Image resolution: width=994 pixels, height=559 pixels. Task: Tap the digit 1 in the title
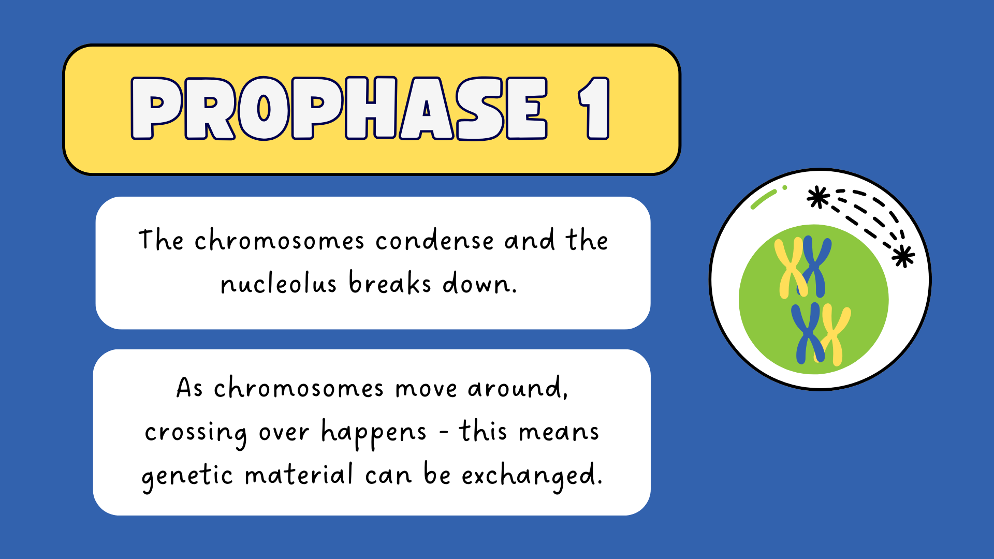(x=594, y=109)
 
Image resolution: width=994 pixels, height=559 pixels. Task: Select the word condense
(x=435, y=241)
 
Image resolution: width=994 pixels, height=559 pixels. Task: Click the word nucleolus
(x=279, y=283)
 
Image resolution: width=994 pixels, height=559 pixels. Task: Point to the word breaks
(x=390, y=283)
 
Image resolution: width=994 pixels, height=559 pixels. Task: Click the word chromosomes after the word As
(x=299, y=388)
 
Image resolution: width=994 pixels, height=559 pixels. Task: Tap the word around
(x=518, y=388)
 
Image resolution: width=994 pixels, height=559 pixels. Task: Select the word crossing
(x=196, y=433)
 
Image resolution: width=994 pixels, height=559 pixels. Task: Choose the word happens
(x=374, y=433)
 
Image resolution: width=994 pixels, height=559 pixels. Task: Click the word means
(x=559, y=432)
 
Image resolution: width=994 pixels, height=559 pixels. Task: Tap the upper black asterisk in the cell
(x=818, y=197)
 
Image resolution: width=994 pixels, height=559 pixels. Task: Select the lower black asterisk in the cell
(x=903, y=256)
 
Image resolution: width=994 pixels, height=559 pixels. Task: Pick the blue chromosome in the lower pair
(x=808, y=333)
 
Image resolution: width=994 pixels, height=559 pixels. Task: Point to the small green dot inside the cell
(x=785, y=188)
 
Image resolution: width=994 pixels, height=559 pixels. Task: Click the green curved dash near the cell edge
(x=763, y=199)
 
